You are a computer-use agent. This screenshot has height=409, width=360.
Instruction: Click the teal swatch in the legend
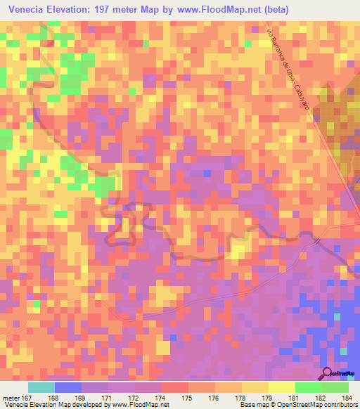tap(41, 387)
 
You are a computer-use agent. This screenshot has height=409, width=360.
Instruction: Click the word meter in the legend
tap(11, 397)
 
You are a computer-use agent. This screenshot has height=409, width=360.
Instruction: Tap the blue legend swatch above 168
tap(68, 387)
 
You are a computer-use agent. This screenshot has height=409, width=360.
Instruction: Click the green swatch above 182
tap(309, 387)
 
